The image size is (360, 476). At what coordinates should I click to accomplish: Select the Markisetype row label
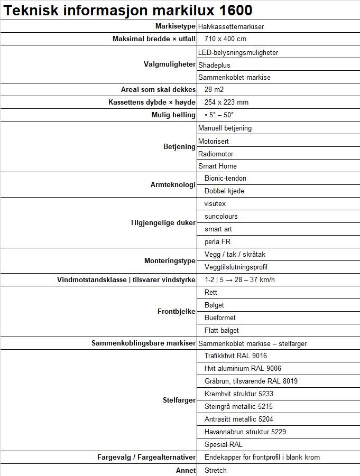175,26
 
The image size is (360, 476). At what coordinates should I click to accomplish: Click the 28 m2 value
215,89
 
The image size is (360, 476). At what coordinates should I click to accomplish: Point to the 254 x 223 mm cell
226,102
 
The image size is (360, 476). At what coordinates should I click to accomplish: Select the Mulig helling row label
173,115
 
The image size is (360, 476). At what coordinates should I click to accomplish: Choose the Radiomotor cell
216,154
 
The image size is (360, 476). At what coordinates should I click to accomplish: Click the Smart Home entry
217,166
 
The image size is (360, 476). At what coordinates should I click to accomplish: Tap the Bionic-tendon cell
225,178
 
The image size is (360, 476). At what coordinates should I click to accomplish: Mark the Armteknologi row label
173,185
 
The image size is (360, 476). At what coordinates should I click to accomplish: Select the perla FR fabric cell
217,241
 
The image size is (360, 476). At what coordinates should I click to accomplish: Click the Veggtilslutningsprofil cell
236,267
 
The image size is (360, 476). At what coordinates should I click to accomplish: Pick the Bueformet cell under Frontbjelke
220,318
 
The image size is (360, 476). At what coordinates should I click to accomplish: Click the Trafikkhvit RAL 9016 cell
235,356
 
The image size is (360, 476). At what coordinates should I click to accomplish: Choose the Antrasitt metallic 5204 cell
238,419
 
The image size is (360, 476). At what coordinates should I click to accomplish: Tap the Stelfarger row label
179,400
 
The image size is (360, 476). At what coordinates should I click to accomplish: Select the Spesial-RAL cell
223,444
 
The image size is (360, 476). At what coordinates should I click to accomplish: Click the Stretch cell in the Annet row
215,470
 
